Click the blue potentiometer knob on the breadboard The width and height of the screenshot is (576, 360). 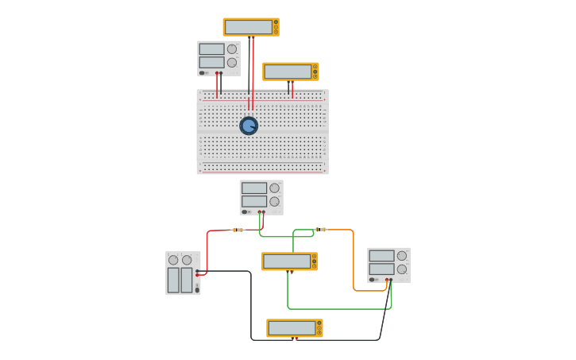249,126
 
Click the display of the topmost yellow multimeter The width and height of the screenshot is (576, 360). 249,27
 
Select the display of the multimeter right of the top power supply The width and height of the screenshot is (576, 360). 288,72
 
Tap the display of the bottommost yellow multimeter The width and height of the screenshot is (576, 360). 292,327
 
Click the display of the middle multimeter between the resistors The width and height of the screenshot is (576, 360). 287,261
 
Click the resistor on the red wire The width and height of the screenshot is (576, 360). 238,230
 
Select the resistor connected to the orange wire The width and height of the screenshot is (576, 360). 321,230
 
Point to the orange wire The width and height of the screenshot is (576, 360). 354,262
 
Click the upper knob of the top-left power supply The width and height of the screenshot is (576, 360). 232,49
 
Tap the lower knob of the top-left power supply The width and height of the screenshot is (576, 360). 232,63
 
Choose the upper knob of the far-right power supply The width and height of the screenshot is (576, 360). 402,256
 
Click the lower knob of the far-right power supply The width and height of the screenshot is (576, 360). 402,269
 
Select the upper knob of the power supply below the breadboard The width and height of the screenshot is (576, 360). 274,188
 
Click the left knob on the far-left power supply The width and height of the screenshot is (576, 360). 173,260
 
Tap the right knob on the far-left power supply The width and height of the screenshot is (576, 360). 187,260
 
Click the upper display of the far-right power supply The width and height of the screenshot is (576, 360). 381,256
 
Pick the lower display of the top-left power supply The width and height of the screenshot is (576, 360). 211,62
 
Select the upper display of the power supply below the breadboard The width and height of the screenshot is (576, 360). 253,188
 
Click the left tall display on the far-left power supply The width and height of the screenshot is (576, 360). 173,280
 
